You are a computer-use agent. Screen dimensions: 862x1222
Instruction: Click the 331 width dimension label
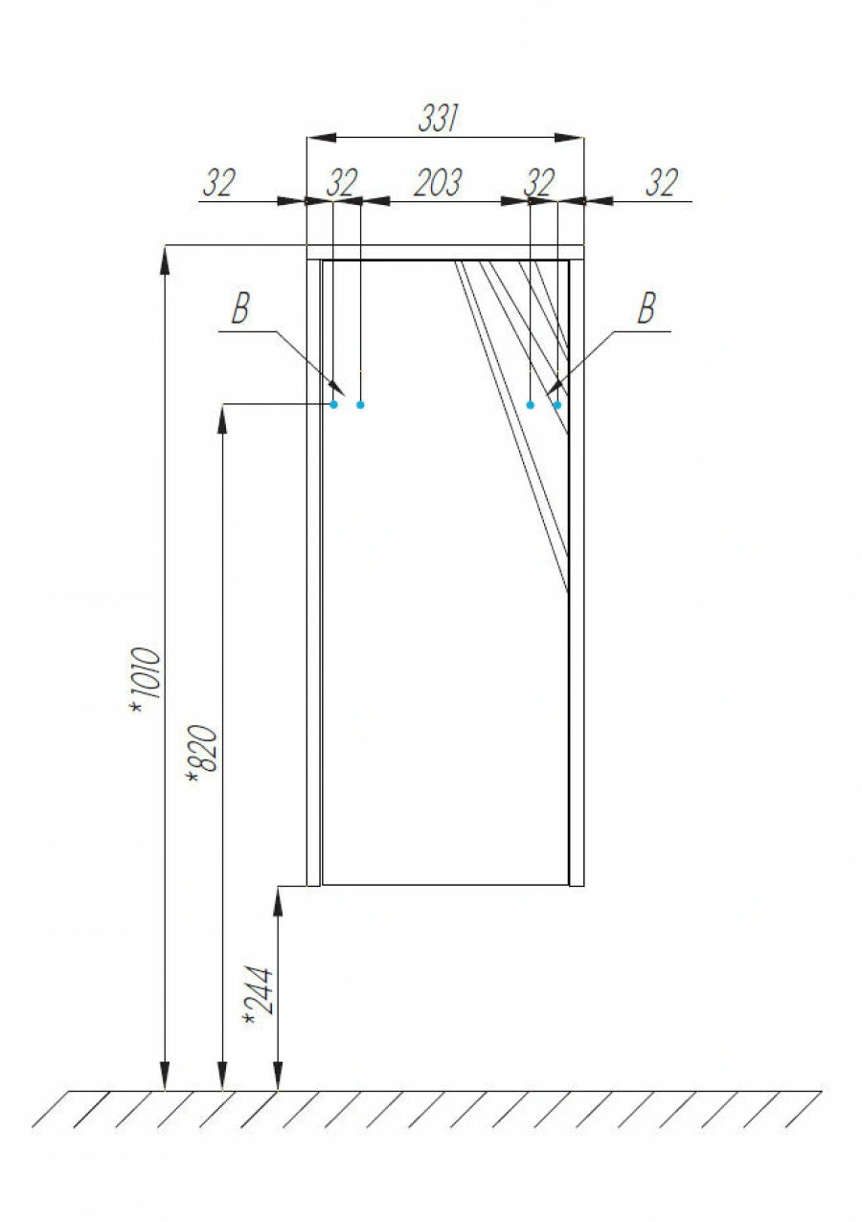tap(438, 118)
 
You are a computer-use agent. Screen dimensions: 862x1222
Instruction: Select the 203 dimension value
tap(438, 183)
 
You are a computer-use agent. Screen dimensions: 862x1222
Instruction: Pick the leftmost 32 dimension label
tap(219, 183)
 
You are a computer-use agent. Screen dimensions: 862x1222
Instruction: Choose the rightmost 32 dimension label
tap(662, 183)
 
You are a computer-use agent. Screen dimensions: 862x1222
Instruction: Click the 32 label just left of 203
tap(342, 183)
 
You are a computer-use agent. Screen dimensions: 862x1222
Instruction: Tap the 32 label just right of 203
tap(539, 183)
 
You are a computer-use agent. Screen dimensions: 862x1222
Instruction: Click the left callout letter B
tap(240, 308)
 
